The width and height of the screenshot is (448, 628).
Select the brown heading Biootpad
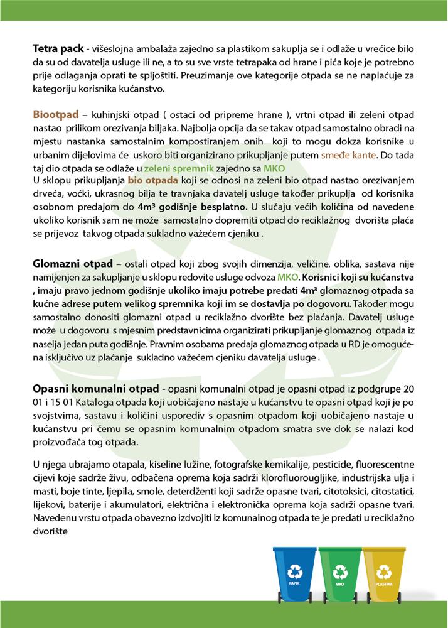pyautogui.click(x=55, y=116)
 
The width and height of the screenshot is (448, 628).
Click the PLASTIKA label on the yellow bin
pyautogui.click(x=384, y=583)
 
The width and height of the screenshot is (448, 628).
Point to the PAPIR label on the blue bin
pyautogui.click(x=294, y=583)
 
